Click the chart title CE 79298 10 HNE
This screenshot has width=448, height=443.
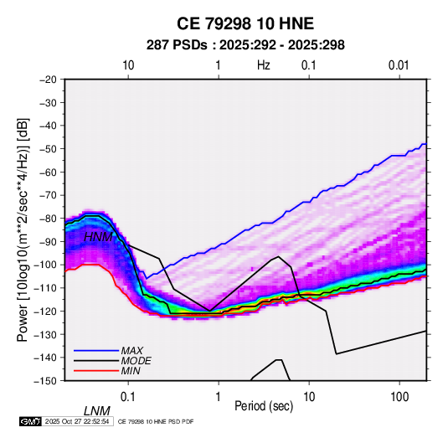(x=245, y=23)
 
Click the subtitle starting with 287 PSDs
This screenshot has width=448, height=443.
(x=245, y=45)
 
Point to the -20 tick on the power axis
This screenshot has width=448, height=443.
(x=48, y=80)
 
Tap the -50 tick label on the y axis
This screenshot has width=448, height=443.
(x=48, y=148)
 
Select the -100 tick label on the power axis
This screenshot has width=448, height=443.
(x=45, y=265)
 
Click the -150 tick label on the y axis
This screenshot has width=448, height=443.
(x=45, y=381)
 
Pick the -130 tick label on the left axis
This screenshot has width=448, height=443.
(x=45, y=334)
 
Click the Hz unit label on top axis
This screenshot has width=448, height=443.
(x=264, y=65)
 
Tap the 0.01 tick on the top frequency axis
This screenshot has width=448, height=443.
(x=399, y=65)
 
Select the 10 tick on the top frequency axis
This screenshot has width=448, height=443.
(x=128, y=65)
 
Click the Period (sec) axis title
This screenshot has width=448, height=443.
(x=264, y=406)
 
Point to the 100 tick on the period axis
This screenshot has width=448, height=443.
(x=399, y=397)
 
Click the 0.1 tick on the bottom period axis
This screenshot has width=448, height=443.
(x=128, y=397)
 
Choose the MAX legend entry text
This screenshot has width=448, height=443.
(x=131, y=351)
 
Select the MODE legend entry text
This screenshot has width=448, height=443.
(x=136, y=361)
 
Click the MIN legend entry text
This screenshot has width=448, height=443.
(x=131, y=371)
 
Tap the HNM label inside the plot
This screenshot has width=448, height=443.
(x=98, y=237)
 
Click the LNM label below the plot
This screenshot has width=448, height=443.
(x=97, y=411)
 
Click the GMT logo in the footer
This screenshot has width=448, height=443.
(x=31, y=421)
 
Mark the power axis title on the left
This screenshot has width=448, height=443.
(x=23, y=229)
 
